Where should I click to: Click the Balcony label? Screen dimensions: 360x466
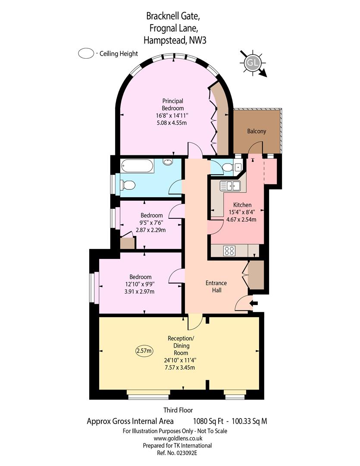point(257,131)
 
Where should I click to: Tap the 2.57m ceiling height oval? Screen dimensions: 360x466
point(144,351)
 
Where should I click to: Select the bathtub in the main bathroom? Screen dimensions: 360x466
point(137,166)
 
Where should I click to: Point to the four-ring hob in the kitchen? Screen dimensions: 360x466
point(229,251)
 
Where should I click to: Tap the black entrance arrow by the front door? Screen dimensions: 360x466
point(254,303)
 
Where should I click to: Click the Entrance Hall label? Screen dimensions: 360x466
point(216,287)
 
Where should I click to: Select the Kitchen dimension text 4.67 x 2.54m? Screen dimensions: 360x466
point(241,220)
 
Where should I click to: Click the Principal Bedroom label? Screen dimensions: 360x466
point(172,104)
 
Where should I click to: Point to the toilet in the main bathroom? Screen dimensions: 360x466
point(128,185)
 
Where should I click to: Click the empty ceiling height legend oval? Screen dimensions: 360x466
point(86,54)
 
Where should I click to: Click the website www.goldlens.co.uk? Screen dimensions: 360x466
point(178,438)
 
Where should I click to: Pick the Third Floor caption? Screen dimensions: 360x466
point(178,410)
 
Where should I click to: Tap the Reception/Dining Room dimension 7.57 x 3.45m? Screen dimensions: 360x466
point(180,367)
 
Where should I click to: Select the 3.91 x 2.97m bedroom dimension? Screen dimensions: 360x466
point(139,292)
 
